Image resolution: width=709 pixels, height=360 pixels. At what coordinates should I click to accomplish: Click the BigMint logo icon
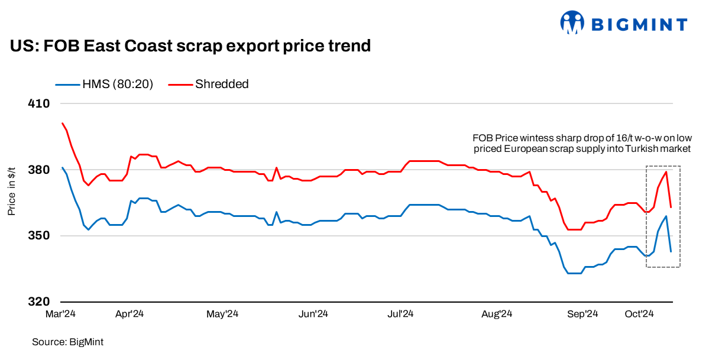coord(572,23)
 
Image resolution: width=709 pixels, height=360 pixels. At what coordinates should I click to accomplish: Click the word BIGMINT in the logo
coord(639,25)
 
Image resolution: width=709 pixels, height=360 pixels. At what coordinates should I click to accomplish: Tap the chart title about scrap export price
coord(190,46)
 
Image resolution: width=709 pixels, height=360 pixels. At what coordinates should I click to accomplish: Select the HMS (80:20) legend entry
coord(105,84)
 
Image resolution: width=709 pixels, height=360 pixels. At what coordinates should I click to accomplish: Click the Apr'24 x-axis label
coord(129,314)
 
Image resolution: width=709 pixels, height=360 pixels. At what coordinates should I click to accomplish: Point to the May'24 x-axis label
coord(222,314)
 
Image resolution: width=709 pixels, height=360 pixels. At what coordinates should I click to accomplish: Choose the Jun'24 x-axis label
coord(313,314)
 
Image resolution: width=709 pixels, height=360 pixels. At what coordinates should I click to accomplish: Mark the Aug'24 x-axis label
coord(497,314)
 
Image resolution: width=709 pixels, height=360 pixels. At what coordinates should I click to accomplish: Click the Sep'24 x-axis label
coord(583,314)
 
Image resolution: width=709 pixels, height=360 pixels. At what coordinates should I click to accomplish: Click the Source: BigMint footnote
coord(63,342)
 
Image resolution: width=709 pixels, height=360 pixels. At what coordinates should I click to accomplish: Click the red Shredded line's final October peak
coord(666,172)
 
